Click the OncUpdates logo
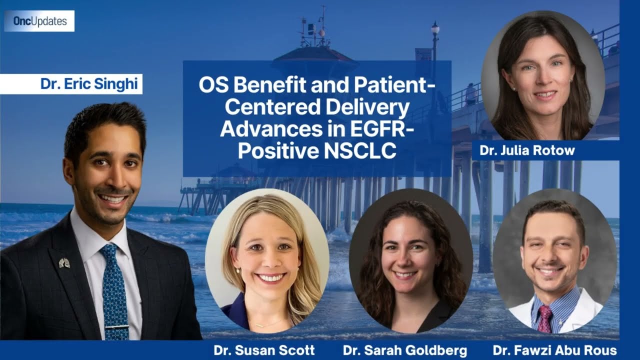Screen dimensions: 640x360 point(39,21)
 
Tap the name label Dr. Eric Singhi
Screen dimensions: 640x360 point(89,83)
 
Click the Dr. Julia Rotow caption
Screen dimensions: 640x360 point(527,150)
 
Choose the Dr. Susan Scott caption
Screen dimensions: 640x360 point(264,350)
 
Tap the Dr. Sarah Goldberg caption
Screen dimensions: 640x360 point(405,350)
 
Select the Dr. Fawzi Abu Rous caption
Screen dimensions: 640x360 point(554,350)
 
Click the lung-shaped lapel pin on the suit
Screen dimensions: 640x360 point(64,262)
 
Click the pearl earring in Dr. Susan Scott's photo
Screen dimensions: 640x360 point(237,270)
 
